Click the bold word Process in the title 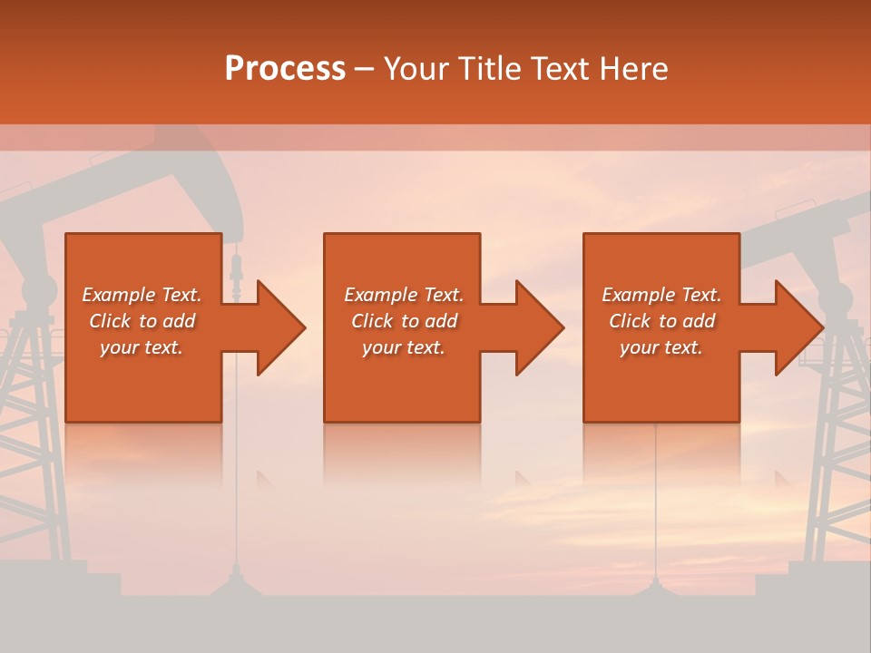[285, 69]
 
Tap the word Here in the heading [634, 69]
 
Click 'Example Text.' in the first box [142, 295]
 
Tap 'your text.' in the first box [142, 347]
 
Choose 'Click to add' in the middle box [404, 321]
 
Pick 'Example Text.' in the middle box [404, 295]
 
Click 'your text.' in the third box [661, 347]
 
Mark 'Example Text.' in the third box [661, 295]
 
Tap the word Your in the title [419, 69]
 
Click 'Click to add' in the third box [661, 321]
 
